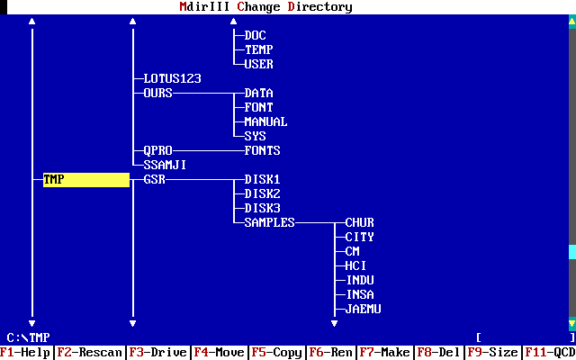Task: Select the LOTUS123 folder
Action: tap(172, 79)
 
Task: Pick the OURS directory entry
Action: tap(157, 94)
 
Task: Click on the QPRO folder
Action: tap(157, 151)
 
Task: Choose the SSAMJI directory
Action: tap(165, 166)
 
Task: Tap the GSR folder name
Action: tap(154, 180)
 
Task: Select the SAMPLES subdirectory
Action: tap(269, 223)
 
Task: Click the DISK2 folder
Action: tap(262, 194)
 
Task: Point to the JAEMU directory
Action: tap(363, 310)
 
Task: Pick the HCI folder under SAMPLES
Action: tap(355, 266)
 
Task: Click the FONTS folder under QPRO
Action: tap(262, 151)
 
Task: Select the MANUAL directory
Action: tap(265, 122)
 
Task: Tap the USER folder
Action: tap(258, 65)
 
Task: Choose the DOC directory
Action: tap(255, 36)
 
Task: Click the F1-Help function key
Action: tap(25, 353)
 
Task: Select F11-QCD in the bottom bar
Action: tap(550, 353)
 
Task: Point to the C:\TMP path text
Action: tap(28, 337)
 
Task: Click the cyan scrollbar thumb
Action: tap(571, 252)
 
